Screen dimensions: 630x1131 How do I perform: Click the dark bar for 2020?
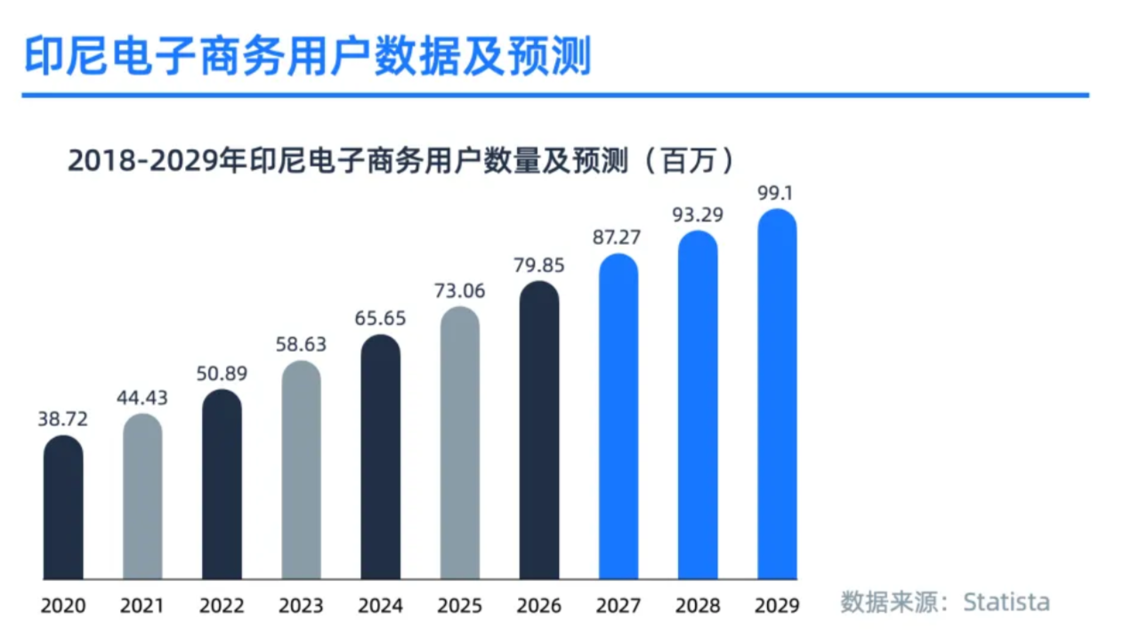tap(63, 507)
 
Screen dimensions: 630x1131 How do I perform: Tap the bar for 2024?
tap(381, 457)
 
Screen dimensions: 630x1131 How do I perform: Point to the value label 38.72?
tap(63, 419)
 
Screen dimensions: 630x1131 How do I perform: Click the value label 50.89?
tap(222, 373)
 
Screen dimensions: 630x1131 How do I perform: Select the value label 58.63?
tap(302, 344)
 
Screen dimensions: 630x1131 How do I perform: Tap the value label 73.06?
tap(460, 291)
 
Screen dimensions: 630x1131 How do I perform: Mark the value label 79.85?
tap(539, 265)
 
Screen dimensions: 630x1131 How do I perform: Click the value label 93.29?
tap(698, 214)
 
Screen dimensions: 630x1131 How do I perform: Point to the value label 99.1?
tap(777, 192)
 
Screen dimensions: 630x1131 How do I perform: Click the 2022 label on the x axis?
tap(222, 606)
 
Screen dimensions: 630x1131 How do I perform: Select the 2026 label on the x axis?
tap(539, 606)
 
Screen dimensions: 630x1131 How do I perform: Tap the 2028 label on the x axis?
tap(698, 606)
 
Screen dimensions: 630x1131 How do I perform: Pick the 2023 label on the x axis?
tap(302, 606)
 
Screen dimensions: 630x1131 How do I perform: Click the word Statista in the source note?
tap(1006, 602)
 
